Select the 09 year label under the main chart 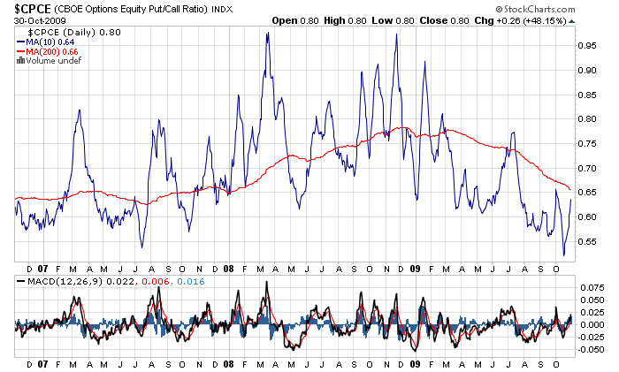[415, 268]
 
